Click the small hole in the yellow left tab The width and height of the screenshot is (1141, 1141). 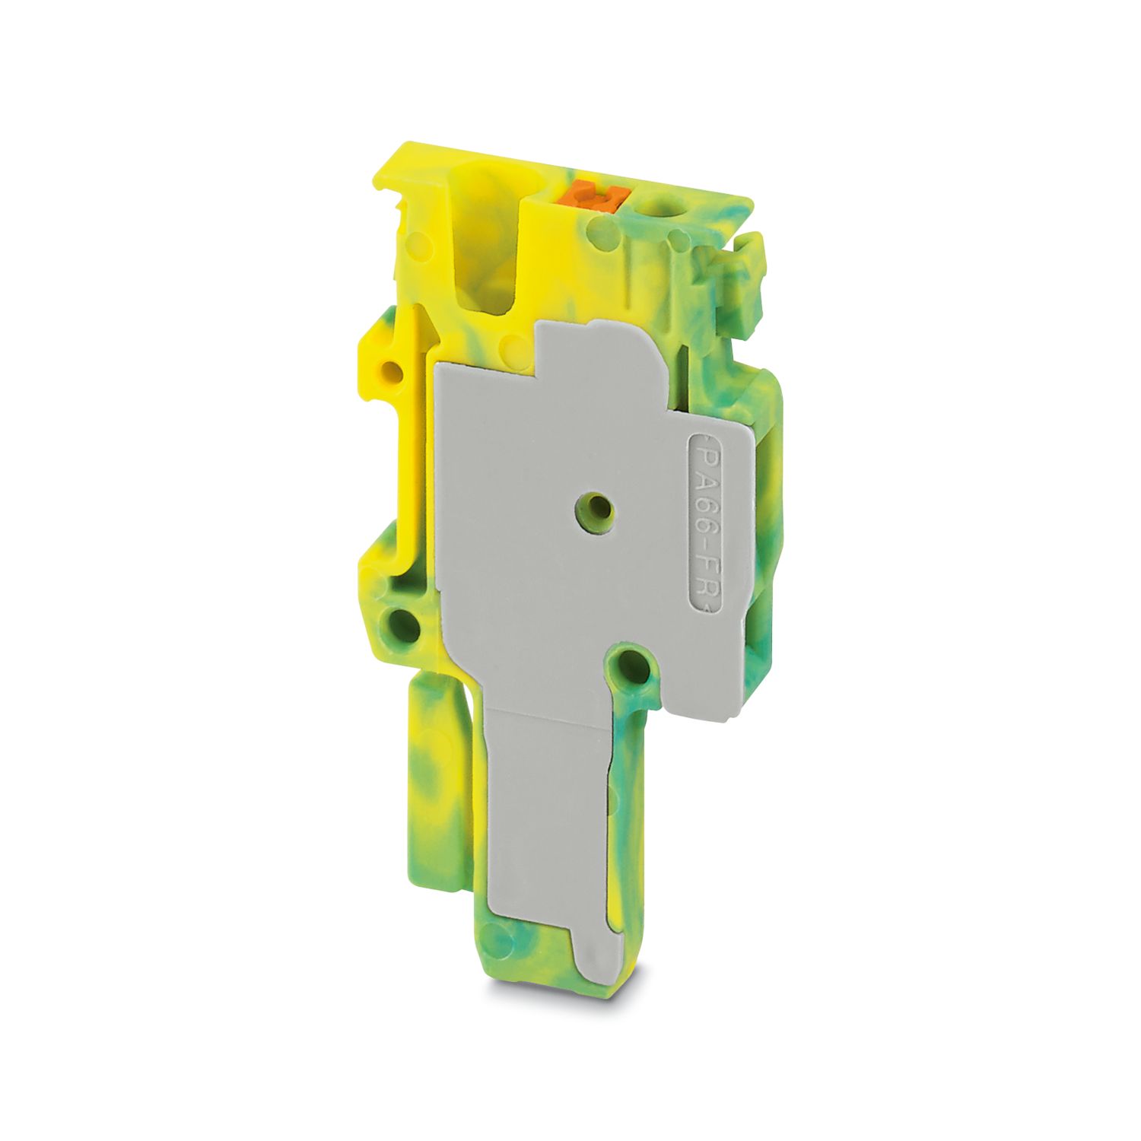click(393, 372)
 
